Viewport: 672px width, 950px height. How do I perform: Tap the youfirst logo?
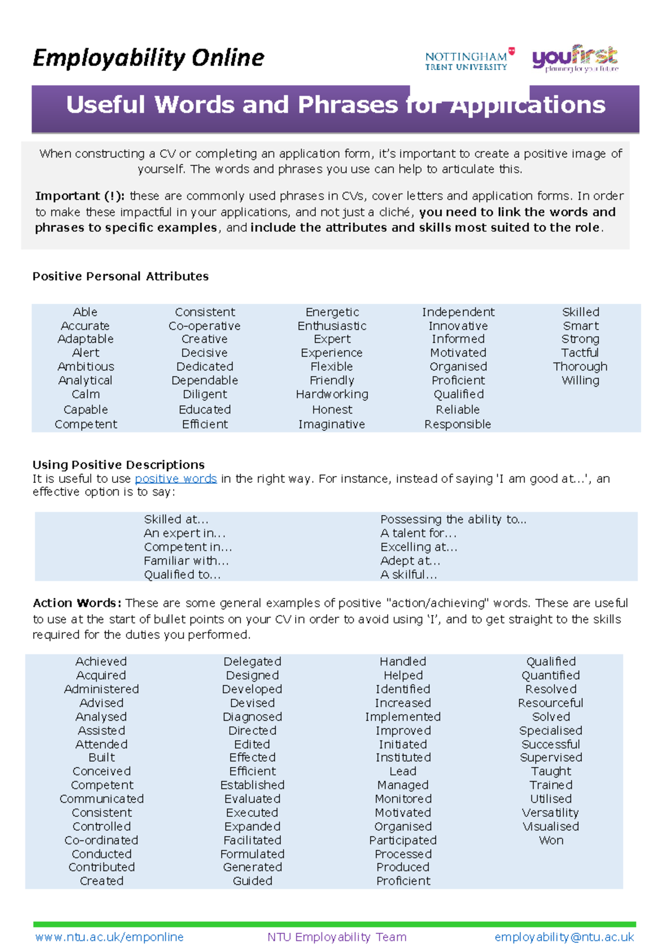click(575, 58)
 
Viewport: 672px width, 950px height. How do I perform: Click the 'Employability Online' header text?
click(148, 58)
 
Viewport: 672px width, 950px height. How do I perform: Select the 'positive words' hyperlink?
click(176, 479)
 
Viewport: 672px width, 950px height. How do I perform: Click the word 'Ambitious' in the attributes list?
click(86, 366)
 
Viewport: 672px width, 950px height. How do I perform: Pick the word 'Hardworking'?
click(332, 394)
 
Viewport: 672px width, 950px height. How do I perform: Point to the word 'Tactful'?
click(580, 353)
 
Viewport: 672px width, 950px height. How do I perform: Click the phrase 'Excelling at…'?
click(419, 547)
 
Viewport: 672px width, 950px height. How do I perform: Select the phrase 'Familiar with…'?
click(186, 561)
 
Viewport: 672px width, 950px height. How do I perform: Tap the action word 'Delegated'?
click(252, 661)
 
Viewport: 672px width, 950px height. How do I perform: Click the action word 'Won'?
click(551, 840)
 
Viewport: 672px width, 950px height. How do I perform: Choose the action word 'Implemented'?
click(403, 717)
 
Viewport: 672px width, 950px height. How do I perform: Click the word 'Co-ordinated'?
click(101, 840)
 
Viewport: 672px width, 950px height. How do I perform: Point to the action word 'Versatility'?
click(550, 813)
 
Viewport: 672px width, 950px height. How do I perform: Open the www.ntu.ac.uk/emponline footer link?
click(109, 937)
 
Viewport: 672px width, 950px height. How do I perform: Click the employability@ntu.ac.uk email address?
click(564, 937)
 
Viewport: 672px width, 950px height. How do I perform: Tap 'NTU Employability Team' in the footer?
click(337, 937)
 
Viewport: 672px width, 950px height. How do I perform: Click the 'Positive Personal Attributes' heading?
click(120, 276)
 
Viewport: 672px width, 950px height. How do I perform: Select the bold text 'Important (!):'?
click(80, 196)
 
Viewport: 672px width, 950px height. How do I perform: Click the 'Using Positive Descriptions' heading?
click(119, 465)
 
